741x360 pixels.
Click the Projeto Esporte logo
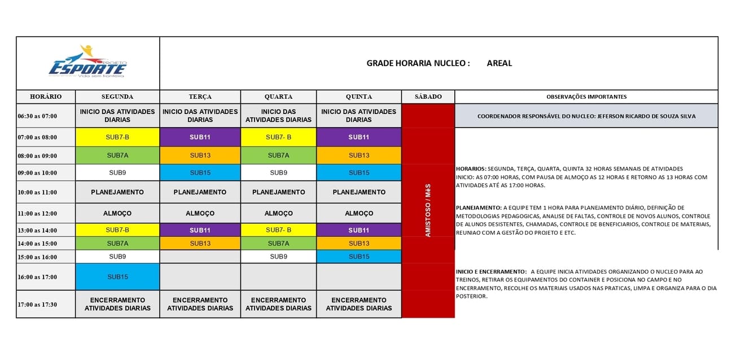[88, 62]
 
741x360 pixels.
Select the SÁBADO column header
[428, 96]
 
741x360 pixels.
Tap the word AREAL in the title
[499, 63]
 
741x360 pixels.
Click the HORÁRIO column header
[46, 96]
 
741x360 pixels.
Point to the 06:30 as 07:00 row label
[37, 116]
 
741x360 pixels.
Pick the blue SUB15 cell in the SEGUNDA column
[117, 276]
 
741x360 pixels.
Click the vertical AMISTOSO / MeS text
[428, 210]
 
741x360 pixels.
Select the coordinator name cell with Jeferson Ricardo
[586, 116]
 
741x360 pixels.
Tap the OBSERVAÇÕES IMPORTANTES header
[586, 96]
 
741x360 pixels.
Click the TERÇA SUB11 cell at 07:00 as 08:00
[200, 137]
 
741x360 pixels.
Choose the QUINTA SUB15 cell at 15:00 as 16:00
[358, 256]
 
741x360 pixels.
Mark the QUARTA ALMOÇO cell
[278, 213]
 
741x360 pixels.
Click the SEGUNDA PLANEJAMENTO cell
[117, 192]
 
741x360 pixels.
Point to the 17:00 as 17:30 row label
[37, 304]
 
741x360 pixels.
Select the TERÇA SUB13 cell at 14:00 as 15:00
[200, 243]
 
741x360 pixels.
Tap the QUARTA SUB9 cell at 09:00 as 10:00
[278, 173]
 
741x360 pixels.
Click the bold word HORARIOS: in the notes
[471, 169]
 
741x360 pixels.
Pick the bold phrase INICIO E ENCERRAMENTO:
[490, 271]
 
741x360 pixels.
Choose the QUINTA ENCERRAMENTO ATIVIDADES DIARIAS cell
[358, 304]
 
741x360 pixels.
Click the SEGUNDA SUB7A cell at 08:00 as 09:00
[117, 155]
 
